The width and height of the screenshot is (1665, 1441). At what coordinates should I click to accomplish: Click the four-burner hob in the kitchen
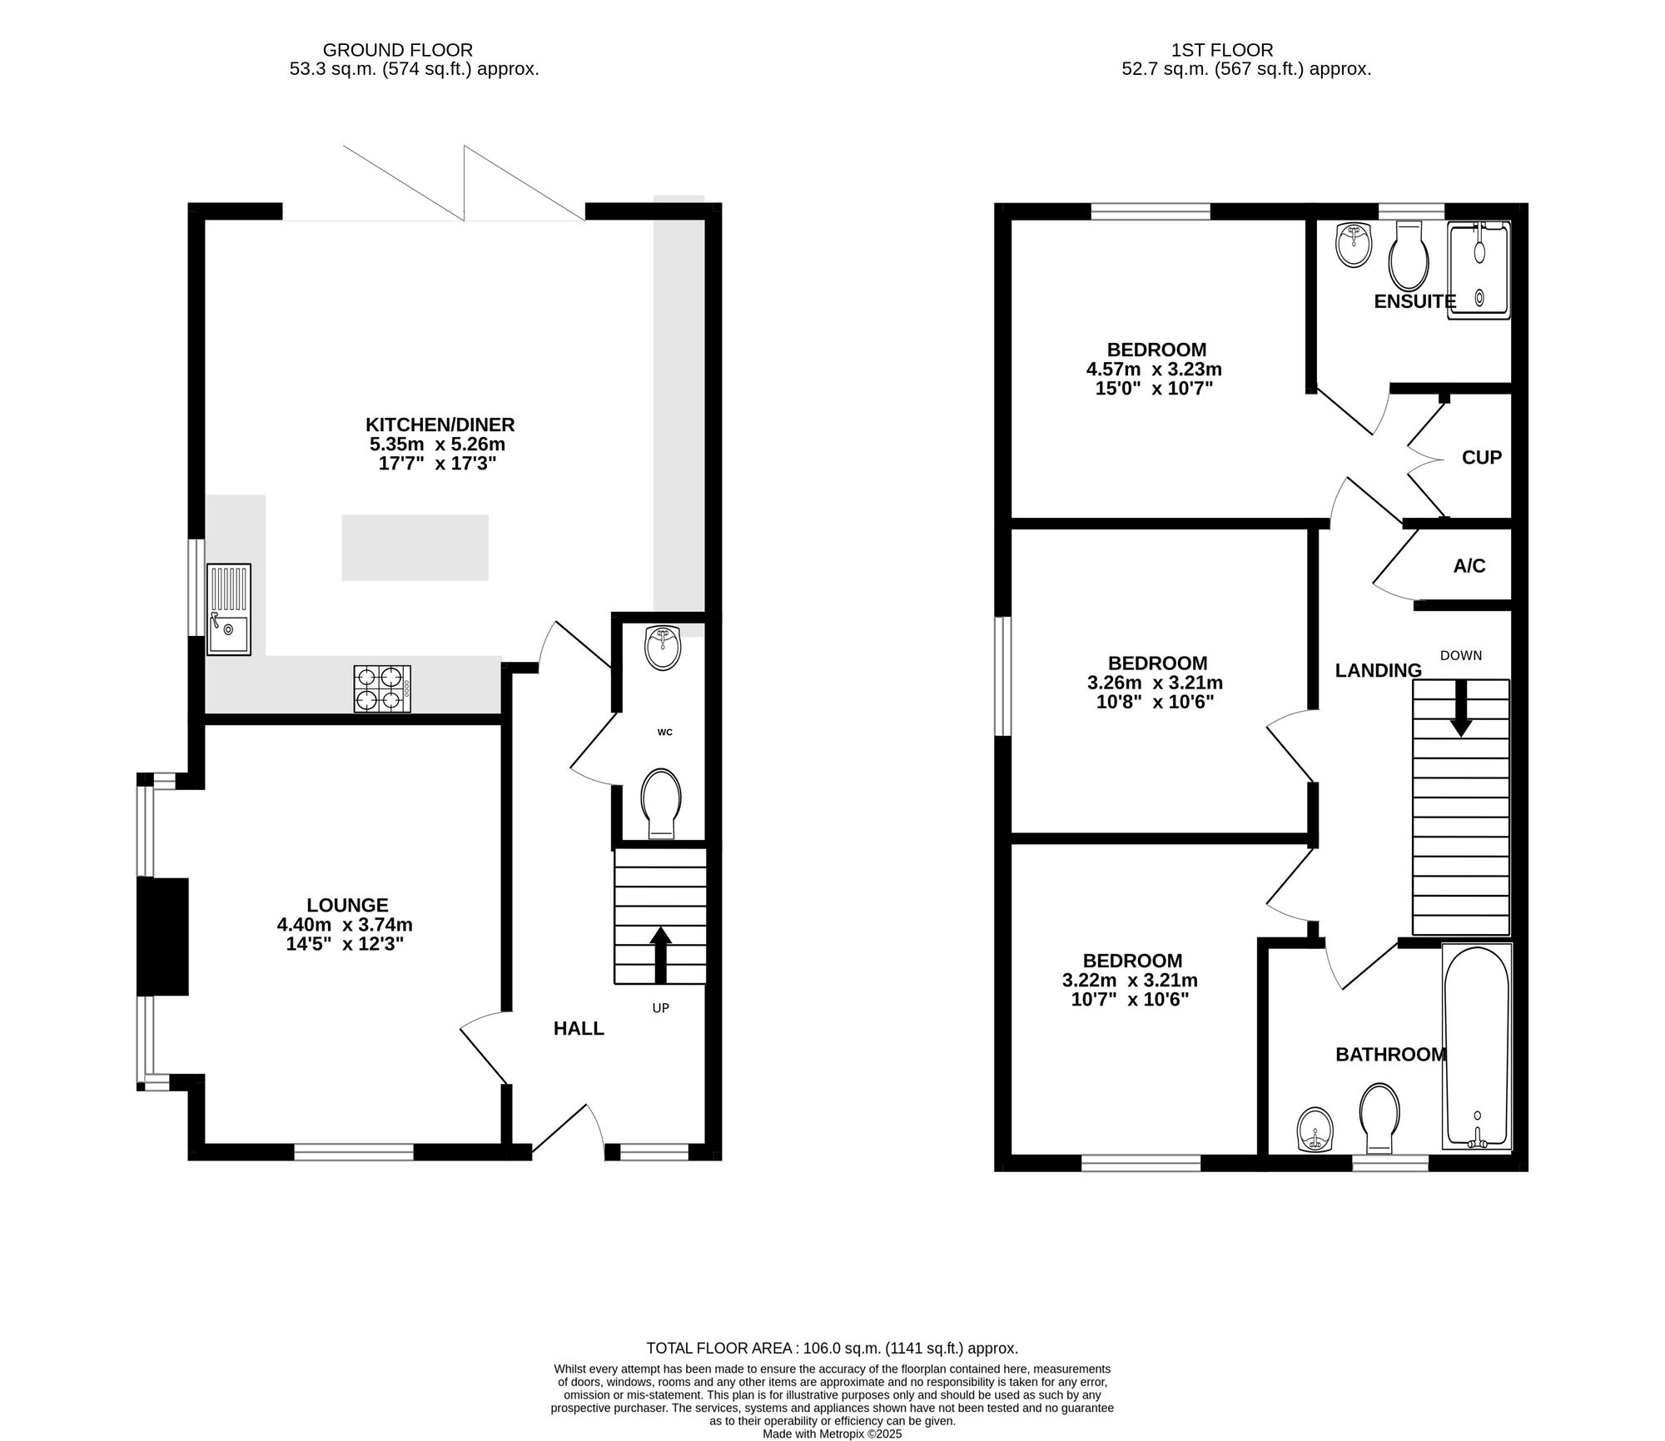pyautogui.click(x=382, y=688)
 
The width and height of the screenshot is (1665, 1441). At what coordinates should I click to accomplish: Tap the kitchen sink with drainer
pyautogui.click(x=229, y=609)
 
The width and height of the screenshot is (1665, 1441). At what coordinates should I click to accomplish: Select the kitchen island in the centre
pyautogui.click(x=415, y=547)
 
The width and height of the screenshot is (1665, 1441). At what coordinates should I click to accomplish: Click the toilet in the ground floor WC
pyautogui.click(x=661, y=802)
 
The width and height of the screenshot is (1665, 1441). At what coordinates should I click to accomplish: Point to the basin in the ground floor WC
pyautogui.click(x=663, y=648)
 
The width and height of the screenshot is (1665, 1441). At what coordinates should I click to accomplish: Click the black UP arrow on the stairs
pyautogui.click(x=660, y=955)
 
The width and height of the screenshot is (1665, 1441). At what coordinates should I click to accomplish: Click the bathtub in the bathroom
pyautogui.click(x=1476, y=1046)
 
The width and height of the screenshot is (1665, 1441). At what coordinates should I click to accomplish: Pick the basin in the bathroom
pyautogui.click(x=1315, y=1130)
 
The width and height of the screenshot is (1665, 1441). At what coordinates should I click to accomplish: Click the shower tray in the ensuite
pyautogui.click(x=1479, y=269)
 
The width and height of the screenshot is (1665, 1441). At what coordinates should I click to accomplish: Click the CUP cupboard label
pyautogui.click(x=1482, y=458)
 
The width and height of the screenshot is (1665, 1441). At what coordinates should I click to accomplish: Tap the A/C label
pyautogui.click(x=1469, y=566)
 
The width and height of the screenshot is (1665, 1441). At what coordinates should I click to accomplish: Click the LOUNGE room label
pyautogui.click(x=347, y=905)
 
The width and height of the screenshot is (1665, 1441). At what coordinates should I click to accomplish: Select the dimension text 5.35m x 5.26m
pyautogui.click(x=440, y=445)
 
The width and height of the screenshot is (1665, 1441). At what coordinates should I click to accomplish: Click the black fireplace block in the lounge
pyautogui.click(x=163, y=936)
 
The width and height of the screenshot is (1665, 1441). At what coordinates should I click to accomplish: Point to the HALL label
pyautogui.click(x=579, y=1028)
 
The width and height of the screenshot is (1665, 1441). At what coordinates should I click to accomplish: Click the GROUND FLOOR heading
pyautogui.click(x=398, y=50)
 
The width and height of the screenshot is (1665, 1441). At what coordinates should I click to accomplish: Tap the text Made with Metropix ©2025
pyautogui.click(x=832, y=1434)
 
